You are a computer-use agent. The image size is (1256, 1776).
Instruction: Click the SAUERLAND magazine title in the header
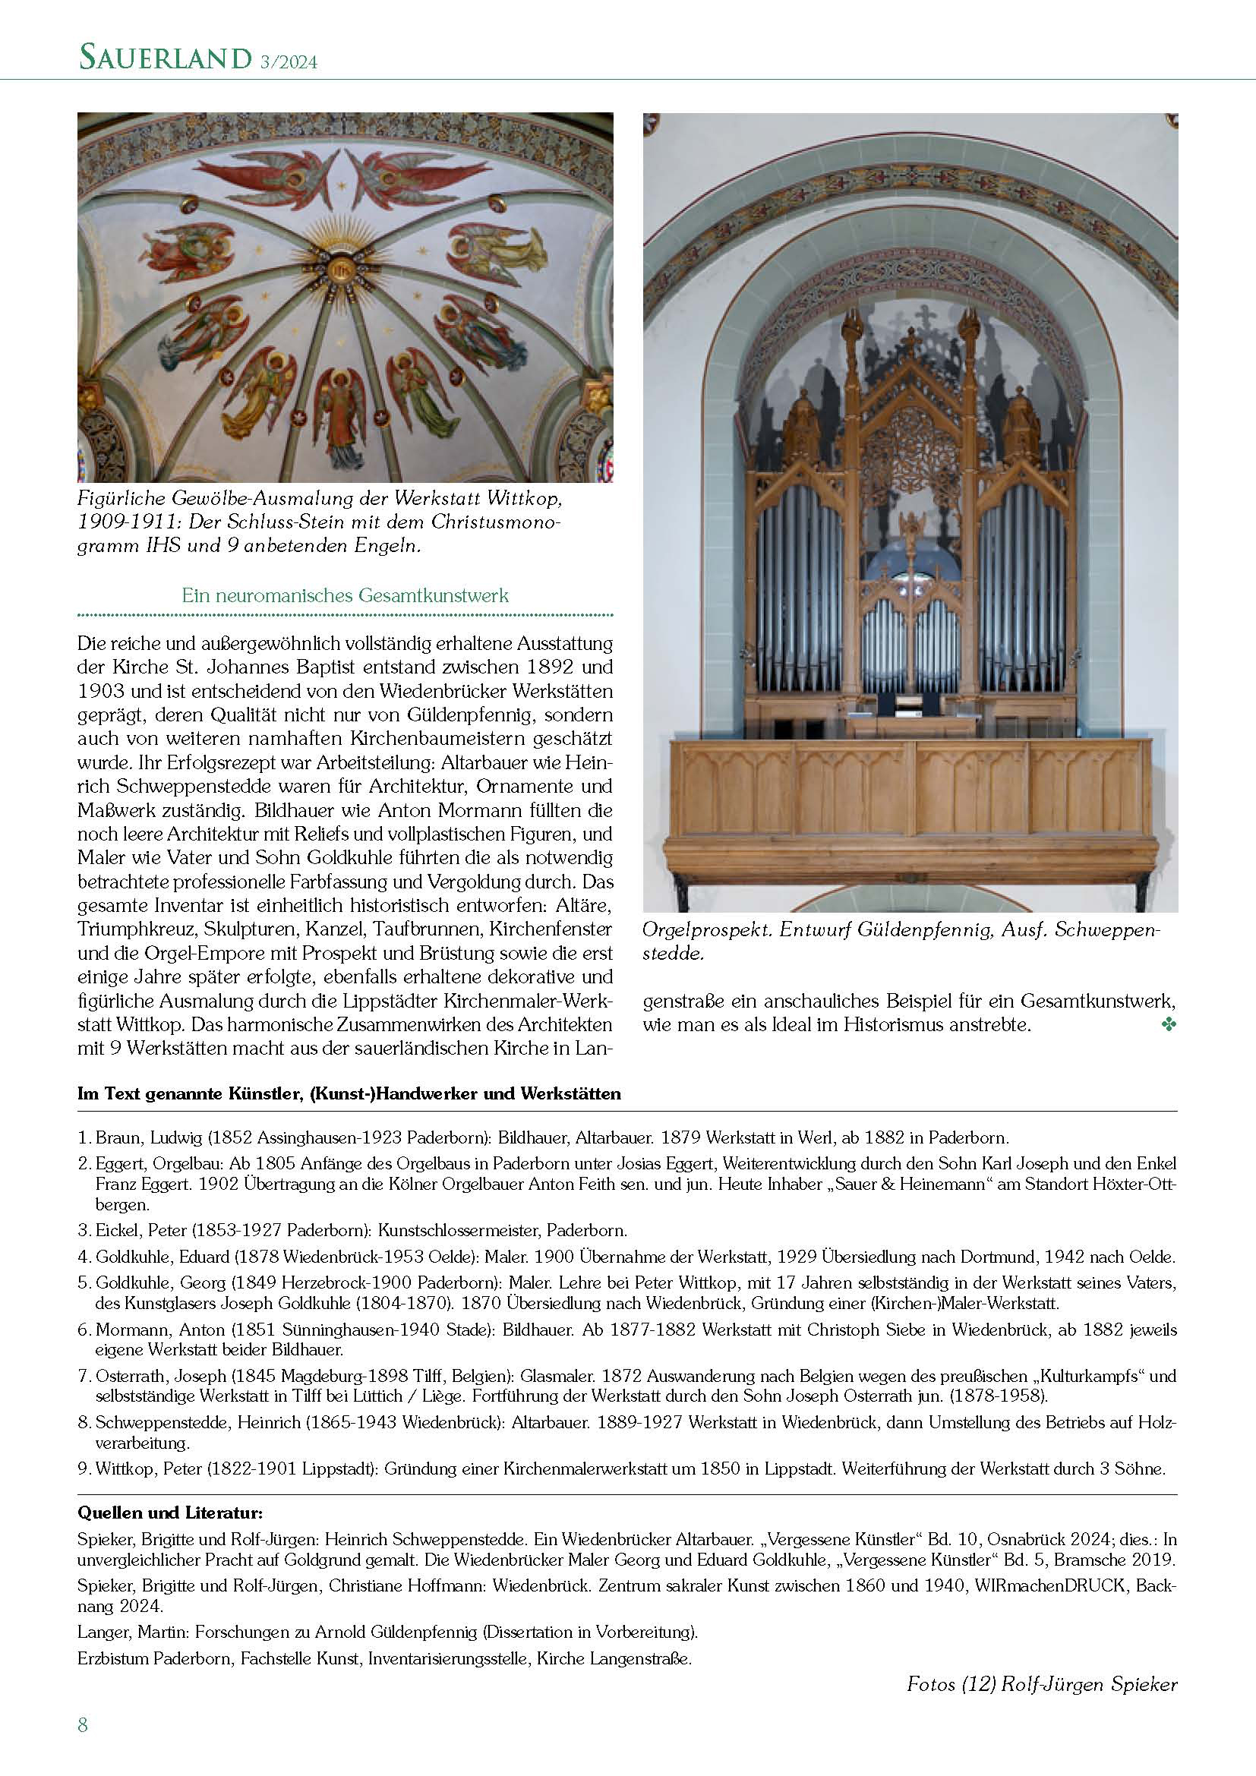point(164,58)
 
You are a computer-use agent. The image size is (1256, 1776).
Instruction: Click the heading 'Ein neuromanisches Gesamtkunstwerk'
point(345,595)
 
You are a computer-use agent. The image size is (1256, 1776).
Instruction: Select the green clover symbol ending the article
point(1169,1026)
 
